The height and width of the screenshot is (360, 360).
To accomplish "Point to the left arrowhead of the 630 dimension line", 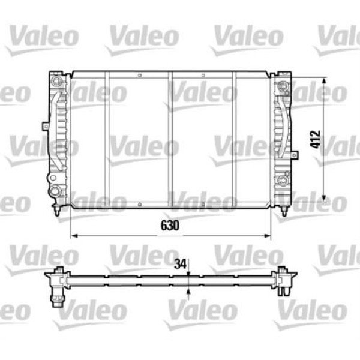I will [x=74, y=236].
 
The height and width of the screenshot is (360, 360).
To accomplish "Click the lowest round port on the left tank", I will [x=55, y=192].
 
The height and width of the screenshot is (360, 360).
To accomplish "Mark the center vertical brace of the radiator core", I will [x=170, y=140].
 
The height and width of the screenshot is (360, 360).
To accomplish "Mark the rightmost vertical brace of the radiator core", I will [x=234, y=140].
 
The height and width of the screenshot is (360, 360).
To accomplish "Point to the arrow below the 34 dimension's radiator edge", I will [x=188, y=292].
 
